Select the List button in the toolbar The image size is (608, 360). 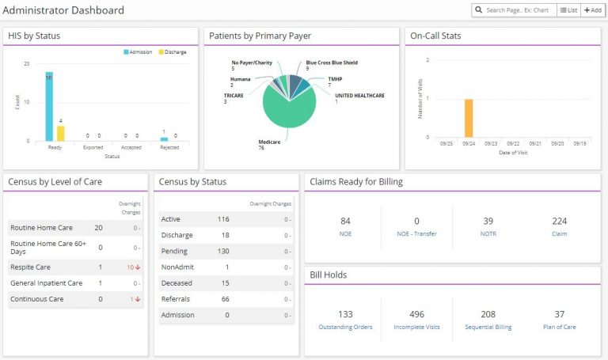point(568,10)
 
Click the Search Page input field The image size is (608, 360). point(519,10)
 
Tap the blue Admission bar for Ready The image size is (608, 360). point(49,107)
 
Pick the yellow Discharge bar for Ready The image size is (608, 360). point(61,133)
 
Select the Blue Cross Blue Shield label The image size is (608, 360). point(332,63)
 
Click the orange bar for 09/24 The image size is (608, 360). point(468,119)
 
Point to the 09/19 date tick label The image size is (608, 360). point(579,144)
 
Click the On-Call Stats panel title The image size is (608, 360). point(435,36)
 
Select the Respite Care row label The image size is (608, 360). point(31,267)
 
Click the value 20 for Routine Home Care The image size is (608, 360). point(98,227)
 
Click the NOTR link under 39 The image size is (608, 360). point(488,234)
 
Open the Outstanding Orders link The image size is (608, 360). point(345,327)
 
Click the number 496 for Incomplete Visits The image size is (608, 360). point(416,314)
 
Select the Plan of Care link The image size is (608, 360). point(559,327)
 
